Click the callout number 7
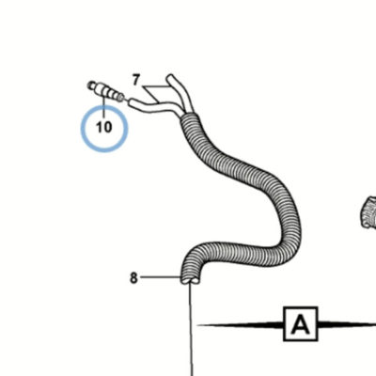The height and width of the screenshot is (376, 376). [x=135, y=80]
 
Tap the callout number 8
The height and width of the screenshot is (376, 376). [x=133, y=277]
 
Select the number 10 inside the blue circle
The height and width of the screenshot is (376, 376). [x=104, y=127]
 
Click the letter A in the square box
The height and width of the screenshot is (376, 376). [x=301, y=324]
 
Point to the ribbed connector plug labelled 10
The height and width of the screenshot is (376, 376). [x=105, y=91]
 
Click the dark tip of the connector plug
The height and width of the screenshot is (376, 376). [x=89, y=85]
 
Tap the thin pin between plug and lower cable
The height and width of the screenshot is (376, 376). [x=127, y=101]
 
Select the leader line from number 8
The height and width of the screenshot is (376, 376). [x=161, y=277]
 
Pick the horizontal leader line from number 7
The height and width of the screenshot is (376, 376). [x=158, y=86]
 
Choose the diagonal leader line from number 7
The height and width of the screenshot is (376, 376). [x=150, y=94]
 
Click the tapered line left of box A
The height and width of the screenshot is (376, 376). [x=241, y=324]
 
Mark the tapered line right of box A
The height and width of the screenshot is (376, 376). [x=347, y=324]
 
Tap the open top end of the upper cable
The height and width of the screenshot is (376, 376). [x=171, y=77]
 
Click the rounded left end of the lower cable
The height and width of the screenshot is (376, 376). [x=133, y=103]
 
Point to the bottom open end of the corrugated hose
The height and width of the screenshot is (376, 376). [x=190, y=280]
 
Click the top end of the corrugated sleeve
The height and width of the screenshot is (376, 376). [x=189, y=117]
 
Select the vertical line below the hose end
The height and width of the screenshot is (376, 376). [x=191, y=329]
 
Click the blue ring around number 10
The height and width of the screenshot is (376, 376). [x=82, y=129]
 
